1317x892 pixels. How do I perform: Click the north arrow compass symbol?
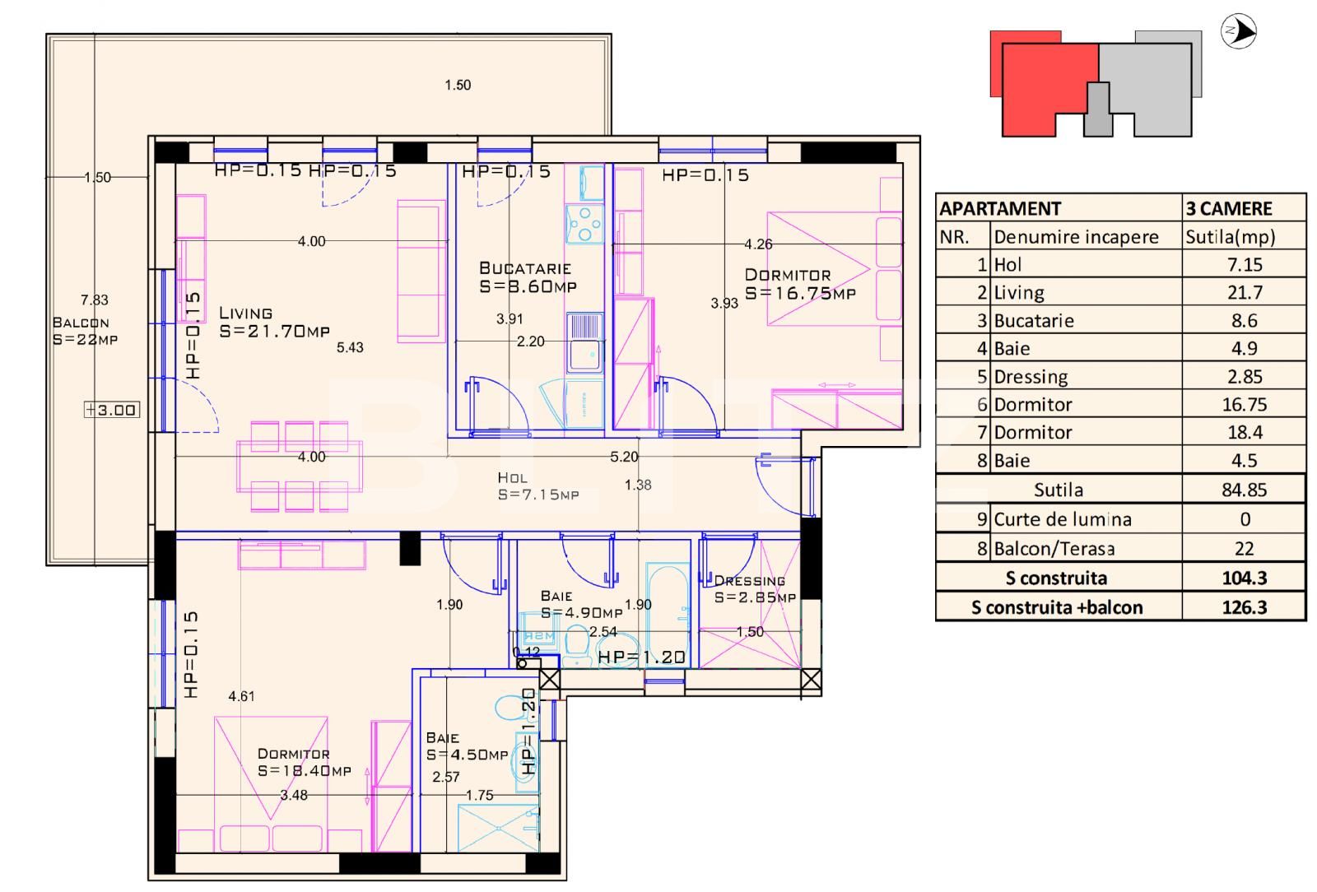[x=1238, y=32]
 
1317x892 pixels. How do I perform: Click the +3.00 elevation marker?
[x=112, y=410]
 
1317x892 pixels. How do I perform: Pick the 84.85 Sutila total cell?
[x=1244, y=490]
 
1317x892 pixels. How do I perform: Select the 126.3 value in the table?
[x=1244, y=607]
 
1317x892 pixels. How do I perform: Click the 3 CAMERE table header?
[x=1229, y=208]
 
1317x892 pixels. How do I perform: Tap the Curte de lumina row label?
[x=1062, y=519]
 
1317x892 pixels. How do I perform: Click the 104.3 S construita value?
[x=1244, y=578]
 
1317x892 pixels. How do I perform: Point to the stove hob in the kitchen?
[x=584, y=223]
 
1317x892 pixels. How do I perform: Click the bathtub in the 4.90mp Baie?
[x=668, y=613]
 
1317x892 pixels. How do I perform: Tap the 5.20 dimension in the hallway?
[x=623, y=457]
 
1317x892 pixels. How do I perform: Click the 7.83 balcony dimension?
[x=94, y=300]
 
